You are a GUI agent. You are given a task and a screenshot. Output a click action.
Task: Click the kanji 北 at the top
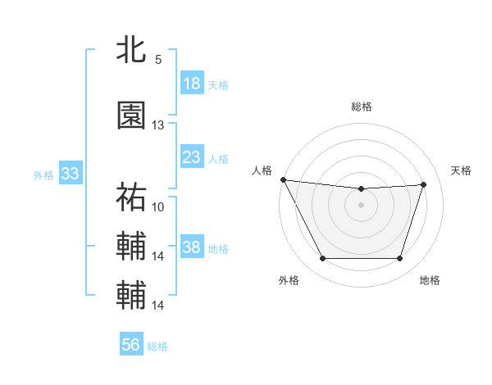click(131, 51)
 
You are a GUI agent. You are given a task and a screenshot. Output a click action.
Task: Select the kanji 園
click(131, 116)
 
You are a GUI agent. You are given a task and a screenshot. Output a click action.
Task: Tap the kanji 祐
click(131, 197)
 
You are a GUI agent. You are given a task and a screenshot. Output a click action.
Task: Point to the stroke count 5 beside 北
click(157, 60)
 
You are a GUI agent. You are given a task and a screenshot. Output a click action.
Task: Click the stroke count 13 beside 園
click(157, 125)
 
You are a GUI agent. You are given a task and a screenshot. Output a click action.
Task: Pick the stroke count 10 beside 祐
click(158, 206)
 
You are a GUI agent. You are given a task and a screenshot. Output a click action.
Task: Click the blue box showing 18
click(192, 84)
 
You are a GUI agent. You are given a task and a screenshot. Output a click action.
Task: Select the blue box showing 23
click(192, 157)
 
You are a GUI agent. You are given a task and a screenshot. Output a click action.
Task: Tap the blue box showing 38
click(192, 247)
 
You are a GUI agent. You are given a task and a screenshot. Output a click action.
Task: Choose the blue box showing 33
click(70, 174)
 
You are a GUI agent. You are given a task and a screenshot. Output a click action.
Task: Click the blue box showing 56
click(131, 346)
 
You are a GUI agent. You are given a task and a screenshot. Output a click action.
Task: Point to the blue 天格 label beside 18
click(218, 84)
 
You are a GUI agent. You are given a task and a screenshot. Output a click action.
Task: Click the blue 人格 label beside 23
click(218, 158)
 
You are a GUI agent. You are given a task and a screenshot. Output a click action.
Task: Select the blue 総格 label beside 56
click(157, 346)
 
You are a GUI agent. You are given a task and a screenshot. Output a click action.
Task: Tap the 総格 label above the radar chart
click(361, 106)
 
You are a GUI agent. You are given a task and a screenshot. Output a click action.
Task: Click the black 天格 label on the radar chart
click(461, 170)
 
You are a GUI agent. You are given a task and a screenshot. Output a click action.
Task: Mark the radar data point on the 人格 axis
click(283, 179)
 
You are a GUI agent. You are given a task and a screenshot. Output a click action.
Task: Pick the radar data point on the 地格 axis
click(399, 259)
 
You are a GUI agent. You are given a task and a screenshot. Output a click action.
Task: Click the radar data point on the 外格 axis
click(322, 259)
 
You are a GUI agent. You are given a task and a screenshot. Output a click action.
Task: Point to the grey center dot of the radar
click(361, 205)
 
